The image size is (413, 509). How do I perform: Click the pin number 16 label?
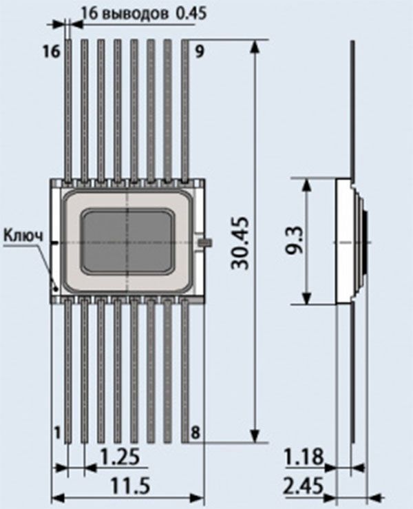pos(52,51)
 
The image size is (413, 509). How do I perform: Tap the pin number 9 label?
pos(200,52)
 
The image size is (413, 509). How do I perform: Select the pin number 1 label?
pos(57,433)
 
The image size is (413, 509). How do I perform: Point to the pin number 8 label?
pos(195,433)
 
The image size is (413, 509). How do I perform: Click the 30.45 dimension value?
pos(241,243)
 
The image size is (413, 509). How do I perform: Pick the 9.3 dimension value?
pos(295,241)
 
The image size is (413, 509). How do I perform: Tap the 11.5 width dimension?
pos(130,487)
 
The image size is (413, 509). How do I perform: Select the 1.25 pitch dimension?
pos(120,457)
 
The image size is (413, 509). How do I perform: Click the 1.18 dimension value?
pos(304,457)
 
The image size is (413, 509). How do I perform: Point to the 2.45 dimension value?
pos(304,486)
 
